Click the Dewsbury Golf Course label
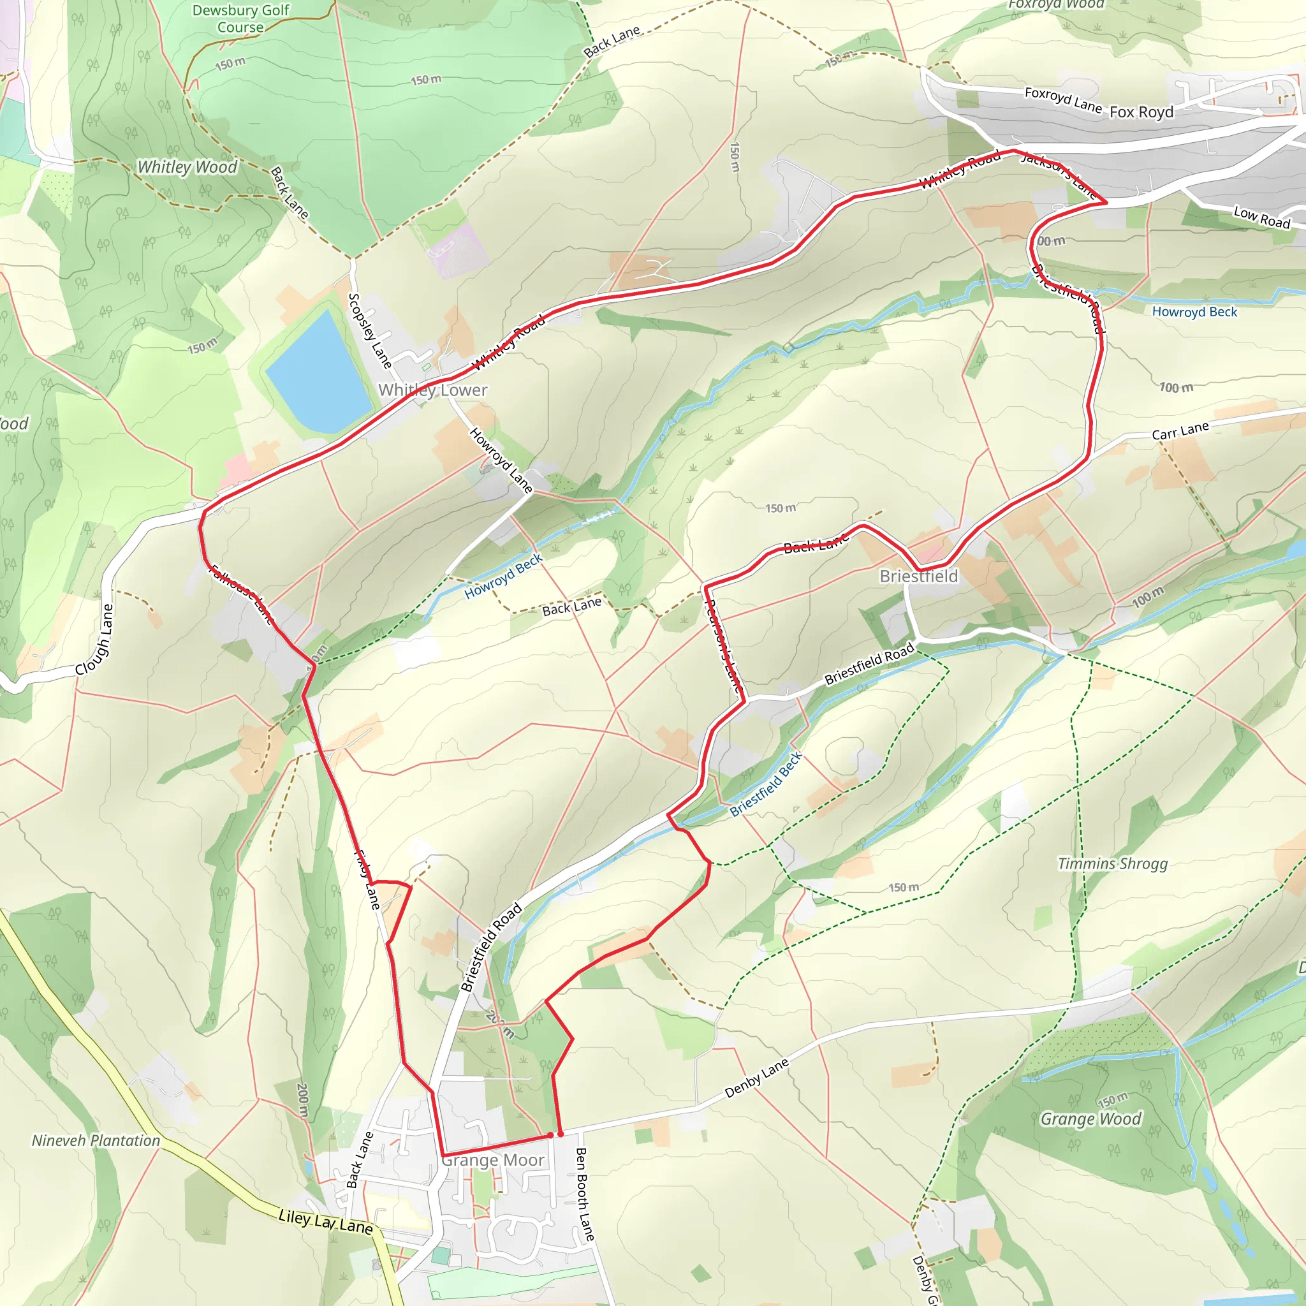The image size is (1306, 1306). (240, 19)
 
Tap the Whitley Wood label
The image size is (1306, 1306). (187, 167)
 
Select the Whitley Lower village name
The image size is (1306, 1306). (432, 390)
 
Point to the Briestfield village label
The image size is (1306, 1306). (919, 576)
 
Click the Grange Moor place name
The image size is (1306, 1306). (493, 1160)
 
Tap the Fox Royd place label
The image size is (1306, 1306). (1141, 112)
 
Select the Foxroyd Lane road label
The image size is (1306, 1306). (1062, 99)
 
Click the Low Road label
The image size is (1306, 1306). (1261, 217)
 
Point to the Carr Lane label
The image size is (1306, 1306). (1180, 430)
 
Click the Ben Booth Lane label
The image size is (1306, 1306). (584, 1194)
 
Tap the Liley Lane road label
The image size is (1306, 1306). (325, 1221)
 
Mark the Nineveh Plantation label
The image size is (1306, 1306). (96, 1140)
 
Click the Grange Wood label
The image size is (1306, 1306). (1090, 1119)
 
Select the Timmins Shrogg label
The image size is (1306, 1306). (1113, 864)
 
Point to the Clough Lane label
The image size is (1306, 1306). (94, 640)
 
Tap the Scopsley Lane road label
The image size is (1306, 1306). (370, 330)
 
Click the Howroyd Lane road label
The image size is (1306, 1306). (501, 460)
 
